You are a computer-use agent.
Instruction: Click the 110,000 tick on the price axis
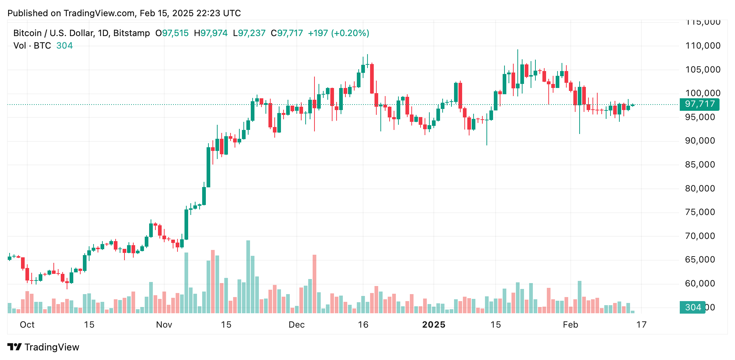coord(703,46)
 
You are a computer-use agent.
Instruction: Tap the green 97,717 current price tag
coord(699,104)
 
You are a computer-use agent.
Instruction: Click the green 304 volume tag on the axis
coord(692,307)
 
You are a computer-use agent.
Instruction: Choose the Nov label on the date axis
coord(164,325)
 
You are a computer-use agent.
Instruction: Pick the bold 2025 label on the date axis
coord(433,325)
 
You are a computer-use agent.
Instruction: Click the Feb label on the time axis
coord(570,325)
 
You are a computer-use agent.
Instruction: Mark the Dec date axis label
coord(296,325)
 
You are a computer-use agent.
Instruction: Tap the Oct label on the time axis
coord(27,325)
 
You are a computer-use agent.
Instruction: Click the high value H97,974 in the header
coord(211,33)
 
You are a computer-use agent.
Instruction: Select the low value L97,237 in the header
coord(249,33)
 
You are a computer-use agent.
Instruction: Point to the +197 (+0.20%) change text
coord(338,33)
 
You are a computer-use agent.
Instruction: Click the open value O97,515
coord(172,33)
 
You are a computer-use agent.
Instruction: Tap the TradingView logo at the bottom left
coord(43,347)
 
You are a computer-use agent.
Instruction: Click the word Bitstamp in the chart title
coord(131,33)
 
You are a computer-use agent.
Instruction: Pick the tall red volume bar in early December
coord(314,283)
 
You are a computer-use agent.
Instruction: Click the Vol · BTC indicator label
coord(32,46)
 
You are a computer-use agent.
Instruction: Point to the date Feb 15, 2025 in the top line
coord(166,13)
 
